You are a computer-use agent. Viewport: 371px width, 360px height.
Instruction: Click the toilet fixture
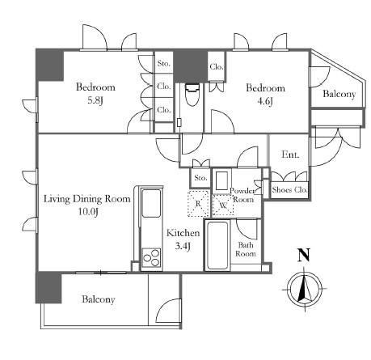[x=192, y=95]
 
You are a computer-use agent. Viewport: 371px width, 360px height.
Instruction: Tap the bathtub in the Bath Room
[x=217, y=245]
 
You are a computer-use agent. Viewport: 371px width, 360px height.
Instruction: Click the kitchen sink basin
[x=151, y=203]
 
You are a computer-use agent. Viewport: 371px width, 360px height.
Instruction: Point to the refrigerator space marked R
[x=198, y=204]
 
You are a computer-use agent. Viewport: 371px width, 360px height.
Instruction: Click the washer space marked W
[x=223, y=205]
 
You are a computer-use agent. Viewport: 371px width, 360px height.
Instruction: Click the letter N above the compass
[x=304, y=255]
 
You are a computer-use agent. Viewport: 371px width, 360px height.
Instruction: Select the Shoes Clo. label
[x=289, y=190]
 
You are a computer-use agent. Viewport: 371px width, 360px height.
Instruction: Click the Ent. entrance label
[x=290, y=155]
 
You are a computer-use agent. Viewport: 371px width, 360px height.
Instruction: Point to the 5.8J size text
[x=95, y=101]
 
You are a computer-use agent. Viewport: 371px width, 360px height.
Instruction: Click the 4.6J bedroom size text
[x=265, y=101]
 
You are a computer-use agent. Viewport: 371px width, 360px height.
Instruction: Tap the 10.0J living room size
[x=88, y=212]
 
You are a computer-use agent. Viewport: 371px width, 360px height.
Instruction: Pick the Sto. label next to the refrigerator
[x=200, y=178]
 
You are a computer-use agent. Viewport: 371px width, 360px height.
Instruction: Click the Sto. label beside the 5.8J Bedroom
[x=164, y=64]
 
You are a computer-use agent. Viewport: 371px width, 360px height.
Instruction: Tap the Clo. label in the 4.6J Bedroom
[x=217, y=66]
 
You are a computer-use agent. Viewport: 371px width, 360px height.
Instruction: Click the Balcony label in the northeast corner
[x=339, y=94]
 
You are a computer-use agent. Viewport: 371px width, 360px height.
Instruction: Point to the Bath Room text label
[x=246, y=249]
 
